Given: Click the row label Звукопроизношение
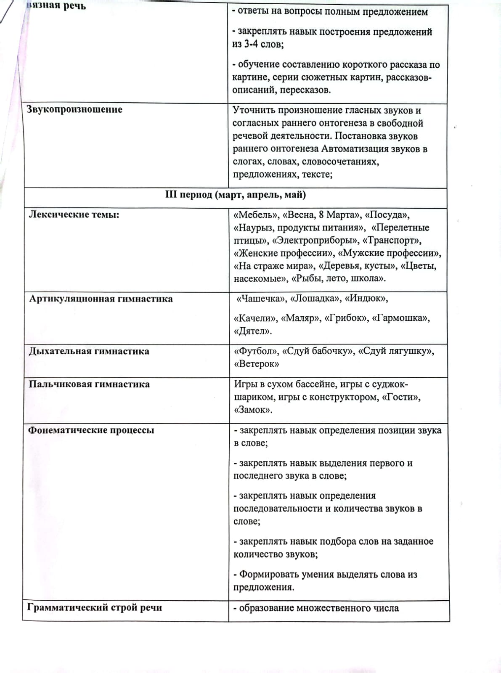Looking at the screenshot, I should pyautogui.click(x=74, y=109).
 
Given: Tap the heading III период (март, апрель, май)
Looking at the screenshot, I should pyautogui.click(x=236, y=195).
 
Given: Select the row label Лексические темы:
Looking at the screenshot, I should pyautogui.click(x=74, y=215).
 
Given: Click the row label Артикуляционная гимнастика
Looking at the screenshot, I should pyautogui.click(x=101, y=299).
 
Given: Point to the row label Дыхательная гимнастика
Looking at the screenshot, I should pyautogui.click(x=89, y=351).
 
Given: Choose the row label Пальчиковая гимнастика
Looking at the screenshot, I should pyautogui.click(x=89, y=384).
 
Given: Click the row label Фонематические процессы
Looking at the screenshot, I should pyautogui.click(x=91, y=430).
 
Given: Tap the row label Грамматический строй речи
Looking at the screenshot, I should pyautogui.click(x=95, y=607).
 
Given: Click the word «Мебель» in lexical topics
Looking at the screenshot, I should pyautogui.click(x=256, y=215).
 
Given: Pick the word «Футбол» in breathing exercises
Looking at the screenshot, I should pyautogui.click(x=256, y=351).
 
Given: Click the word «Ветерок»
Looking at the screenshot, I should pyautogui.click(x=256, y=364).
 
